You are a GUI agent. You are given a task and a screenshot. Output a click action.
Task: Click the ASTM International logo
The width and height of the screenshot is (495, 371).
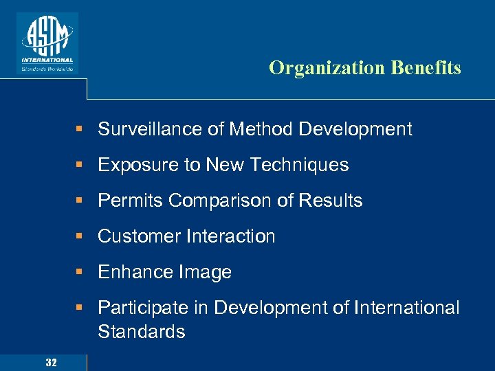point(47,43)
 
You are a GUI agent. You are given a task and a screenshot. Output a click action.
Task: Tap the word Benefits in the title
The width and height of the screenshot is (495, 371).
point(426,68)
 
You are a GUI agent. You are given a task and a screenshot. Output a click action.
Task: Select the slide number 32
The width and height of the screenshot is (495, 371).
point(51,362)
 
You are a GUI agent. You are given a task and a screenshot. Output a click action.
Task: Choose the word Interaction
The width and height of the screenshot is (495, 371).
point(230,236)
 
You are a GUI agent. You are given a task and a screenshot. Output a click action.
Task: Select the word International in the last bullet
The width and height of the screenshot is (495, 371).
point(406,308)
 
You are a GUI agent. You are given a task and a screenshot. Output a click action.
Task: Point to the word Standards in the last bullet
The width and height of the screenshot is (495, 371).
point(141,332)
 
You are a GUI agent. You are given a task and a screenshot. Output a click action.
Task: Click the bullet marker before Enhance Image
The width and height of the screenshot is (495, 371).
point(80,272)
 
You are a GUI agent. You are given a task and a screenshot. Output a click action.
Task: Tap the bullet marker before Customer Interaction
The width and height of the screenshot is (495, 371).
point(80,236)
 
